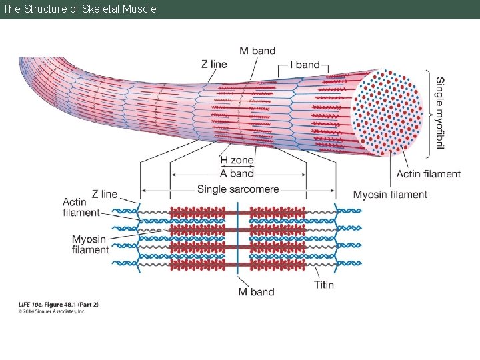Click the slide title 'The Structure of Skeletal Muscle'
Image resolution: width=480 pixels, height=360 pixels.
coord(79,9)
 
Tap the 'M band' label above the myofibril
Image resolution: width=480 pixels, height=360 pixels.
coord(257,51)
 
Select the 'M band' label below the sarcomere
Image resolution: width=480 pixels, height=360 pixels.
coord(257,291)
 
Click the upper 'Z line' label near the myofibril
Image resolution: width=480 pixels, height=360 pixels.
coord(213,64)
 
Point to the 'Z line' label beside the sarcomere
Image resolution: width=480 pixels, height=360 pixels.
coord(105,194)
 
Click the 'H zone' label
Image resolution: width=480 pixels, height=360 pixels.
coord(237,161)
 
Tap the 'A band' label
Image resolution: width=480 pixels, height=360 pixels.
coord(237,173)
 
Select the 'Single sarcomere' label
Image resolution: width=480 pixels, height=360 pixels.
coord(238,189)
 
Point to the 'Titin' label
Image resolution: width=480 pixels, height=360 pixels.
coord(324,285)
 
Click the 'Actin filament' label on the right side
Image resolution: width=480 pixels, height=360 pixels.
coord(429,174)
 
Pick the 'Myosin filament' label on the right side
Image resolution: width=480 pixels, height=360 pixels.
coord(390,195)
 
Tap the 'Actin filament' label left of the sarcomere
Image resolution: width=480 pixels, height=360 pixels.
coord(81,207)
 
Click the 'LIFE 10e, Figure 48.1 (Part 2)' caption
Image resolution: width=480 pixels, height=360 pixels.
coord(58,305)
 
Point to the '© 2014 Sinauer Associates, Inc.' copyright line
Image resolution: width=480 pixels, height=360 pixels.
coord(52,311)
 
